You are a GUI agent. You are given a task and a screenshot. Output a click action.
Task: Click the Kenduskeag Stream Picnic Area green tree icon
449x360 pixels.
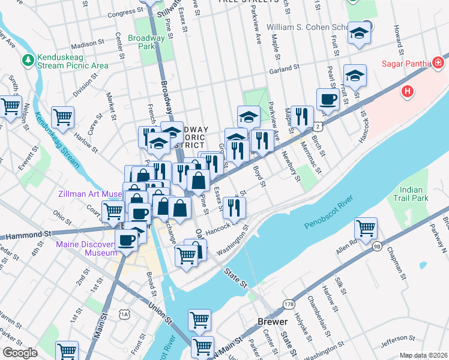pos(28,59)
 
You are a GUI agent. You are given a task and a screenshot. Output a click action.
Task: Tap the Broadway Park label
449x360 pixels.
pos(146,42)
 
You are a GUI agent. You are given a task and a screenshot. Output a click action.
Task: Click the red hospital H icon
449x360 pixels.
pos(408,91)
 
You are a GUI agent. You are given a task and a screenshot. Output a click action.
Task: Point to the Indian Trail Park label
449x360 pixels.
pos(411,193)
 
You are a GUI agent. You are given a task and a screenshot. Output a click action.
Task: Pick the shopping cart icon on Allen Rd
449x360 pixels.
pos(366,228)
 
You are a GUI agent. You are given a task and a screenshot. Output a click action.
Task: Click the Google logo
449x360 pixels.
pos(20,353)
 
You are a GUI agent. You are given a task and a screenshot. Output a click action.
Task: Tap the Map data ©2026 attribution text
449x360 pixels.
pos(423,355)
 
